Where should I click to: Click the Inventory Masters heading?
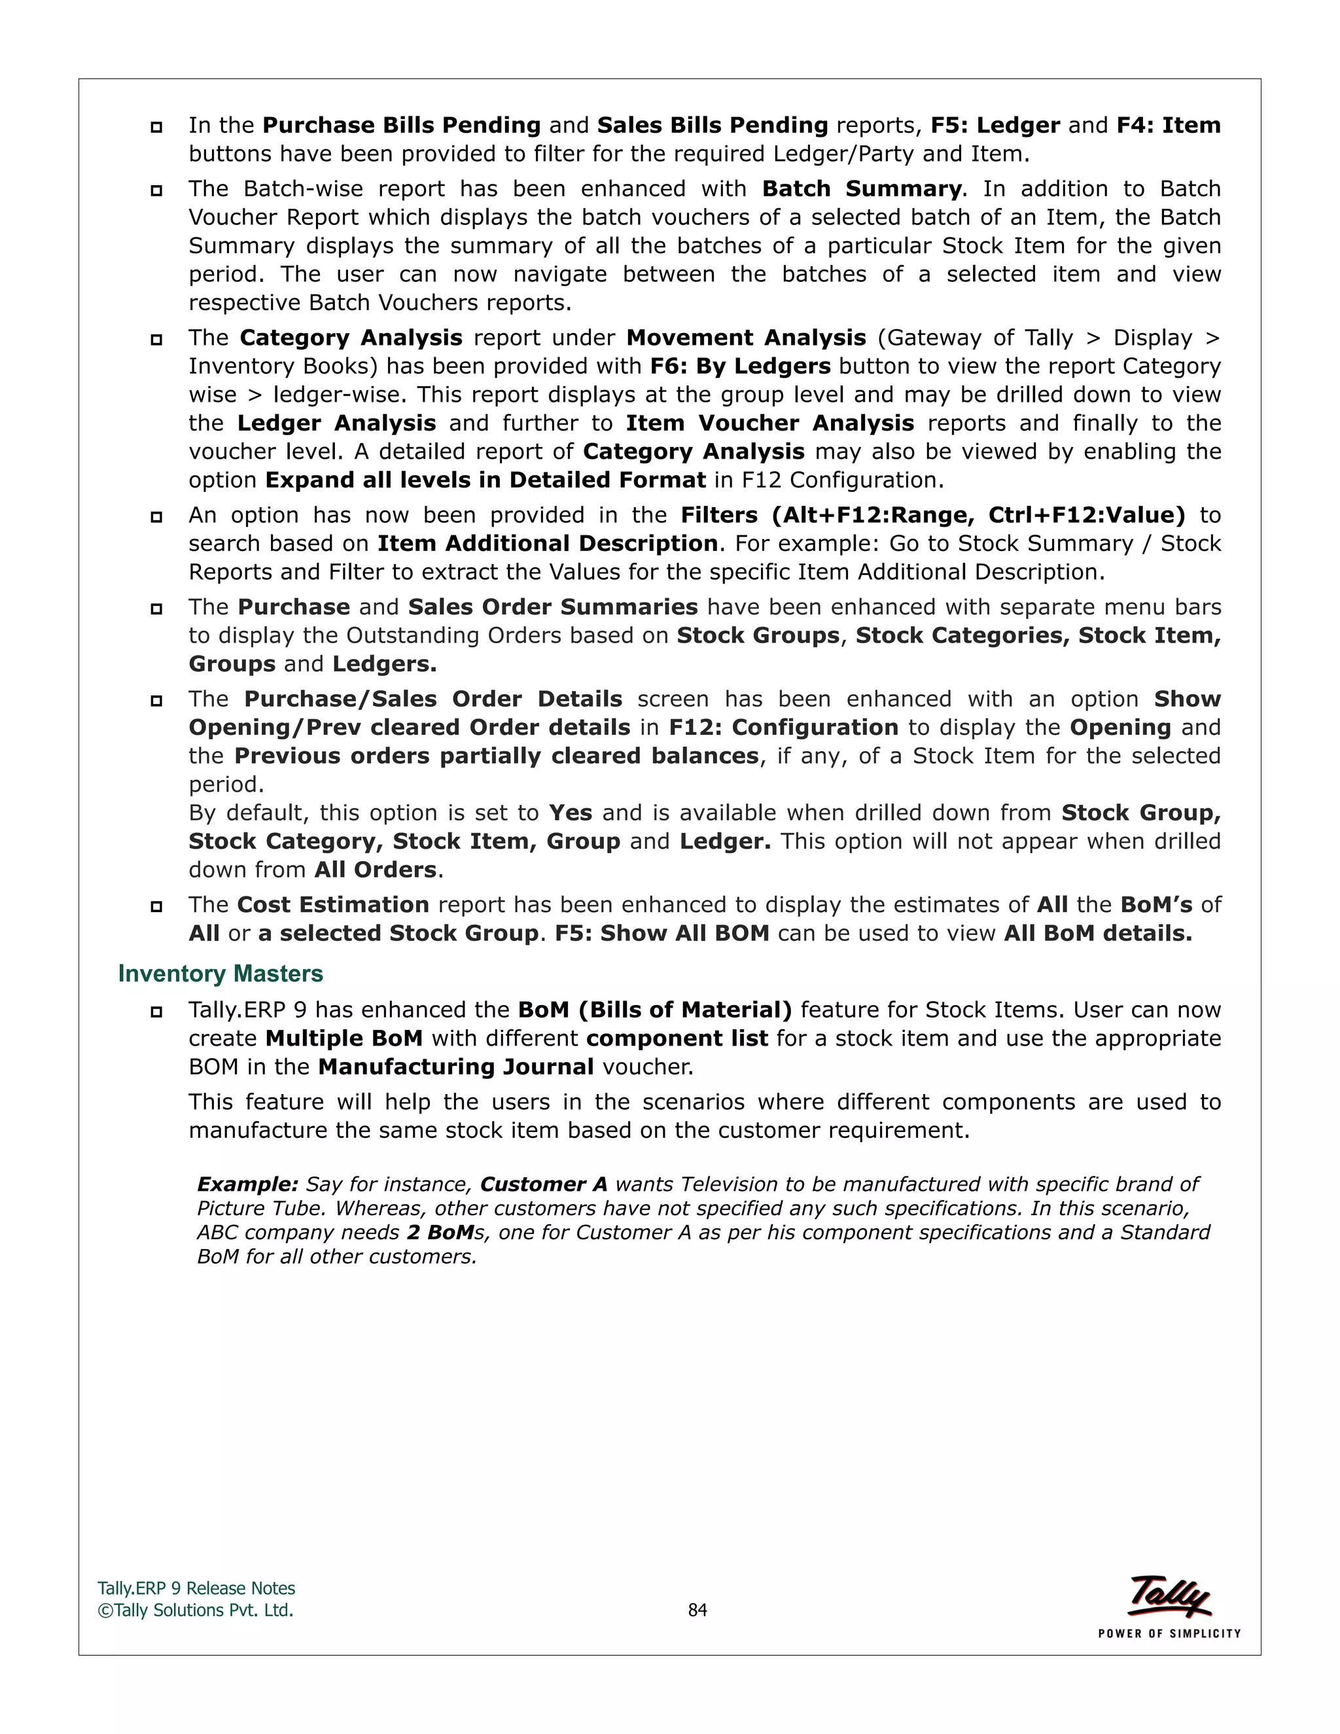220,974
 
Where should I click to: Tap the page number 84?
697,1610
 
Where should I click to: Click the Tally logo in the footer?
1169,1597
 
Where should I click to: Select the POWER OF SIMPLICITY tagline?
1169,1633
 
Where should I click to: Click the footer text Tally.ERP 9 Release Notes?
196,1588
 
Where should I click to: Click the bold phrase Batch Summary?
861,189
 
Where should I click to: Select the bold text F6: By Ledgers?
740,366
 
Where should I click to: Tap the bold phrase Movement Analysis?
745,338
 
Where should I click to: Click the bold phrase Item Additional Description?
547,543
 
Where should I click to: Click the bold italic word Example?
247,1184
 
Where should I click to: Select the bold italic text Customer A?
543,1184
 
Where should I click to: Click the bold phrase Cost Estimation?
332,904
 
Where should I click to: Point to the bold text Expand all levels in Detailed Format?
485,480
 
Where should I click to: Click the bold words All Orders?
376,870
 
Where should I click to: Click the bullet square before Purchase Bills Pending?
156,126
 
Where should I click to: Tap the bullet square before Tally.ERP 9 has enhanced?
156,1011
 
